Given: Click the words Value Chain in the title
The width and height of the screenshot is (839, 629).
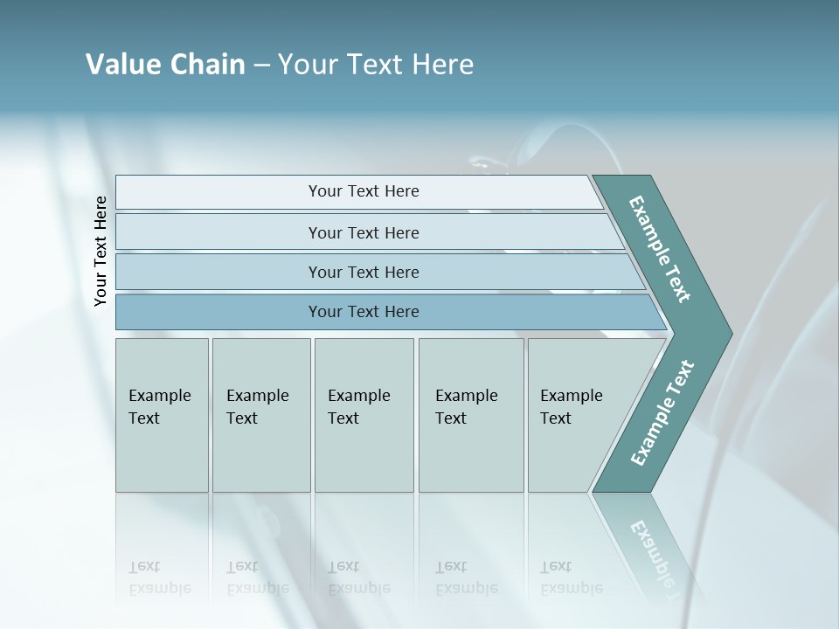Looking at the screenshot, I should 165,64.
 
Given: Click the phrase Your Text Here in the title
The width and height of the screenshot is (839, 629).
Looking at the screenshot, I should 375,64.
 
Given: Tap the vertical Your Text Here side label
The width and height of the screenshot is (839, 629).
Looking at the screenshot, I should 101,252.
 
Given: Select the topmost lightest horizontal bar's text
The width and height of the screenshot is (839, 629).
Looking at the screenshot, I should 364,191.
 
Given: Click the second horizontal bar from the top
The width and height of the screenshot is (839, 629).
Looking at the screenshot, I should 364,232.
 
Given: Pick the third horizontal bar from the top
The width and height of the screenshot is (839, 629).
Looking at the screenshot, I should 364,272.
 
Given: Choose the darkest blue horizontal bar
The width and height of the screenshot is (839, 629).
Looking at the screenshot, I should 364,312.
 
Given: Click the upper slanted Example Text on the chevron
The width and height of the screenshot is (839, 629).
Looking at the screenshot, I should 660,249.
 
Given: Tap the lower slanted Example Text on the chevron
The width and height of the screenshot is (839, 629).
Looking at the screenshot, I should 662,413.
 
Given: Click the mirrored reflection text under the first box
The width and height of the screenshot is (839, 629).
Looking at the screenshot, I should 160,577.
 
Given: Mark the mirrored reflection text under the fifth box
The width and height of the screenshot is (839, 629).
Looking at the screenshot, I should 572,577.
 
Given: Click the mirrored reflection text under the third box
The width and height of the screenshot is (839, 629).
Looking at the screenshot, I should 359,577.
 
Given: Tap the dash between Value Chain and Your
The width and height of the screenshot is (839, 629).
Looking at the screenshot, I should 261,65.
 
